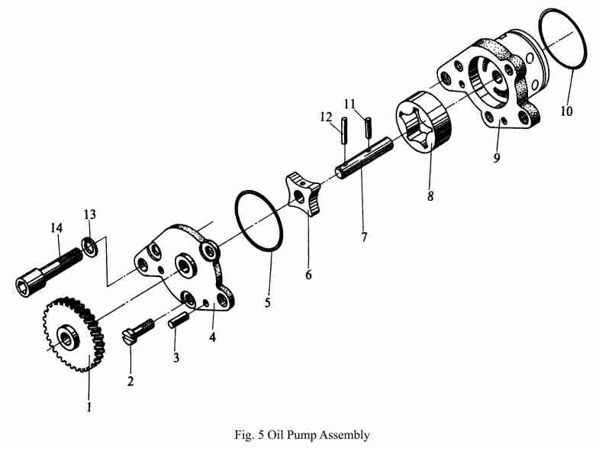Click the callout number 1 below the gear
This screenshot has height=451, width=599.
89,407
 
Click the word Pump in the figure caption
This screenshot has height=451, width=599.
304,436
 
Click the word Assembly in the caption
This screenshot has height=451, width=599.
346,436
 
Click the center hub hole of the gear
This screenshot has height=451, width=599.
68,335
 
